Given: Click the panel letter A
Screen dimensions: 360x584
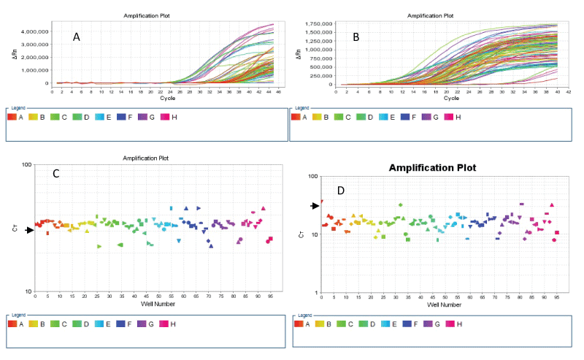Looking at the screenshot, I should point(76,37).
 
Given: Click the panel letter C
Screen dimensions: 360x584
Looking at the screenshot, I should point(55,174).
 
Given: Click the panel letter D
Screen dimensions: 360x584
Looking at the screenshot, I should point(340,191).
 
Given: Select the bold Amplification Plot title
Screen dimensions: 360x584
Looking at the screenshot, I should point(432,168).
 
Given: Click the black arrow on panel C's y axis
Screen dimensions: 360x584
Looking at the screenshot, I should point(30,231).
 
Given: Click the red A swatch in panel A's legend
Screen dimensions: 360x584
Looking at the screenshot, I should point(12,117).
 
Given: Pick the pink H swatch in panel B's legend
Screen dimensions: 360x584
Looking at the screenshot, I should point(449,117).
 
